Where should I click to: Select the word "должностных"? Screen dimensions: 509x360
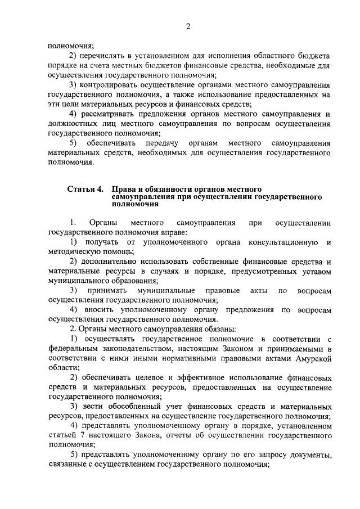click(x=74, y=124)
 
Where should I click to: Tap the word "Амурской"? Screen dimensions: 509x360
click(x=311, y=358)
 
